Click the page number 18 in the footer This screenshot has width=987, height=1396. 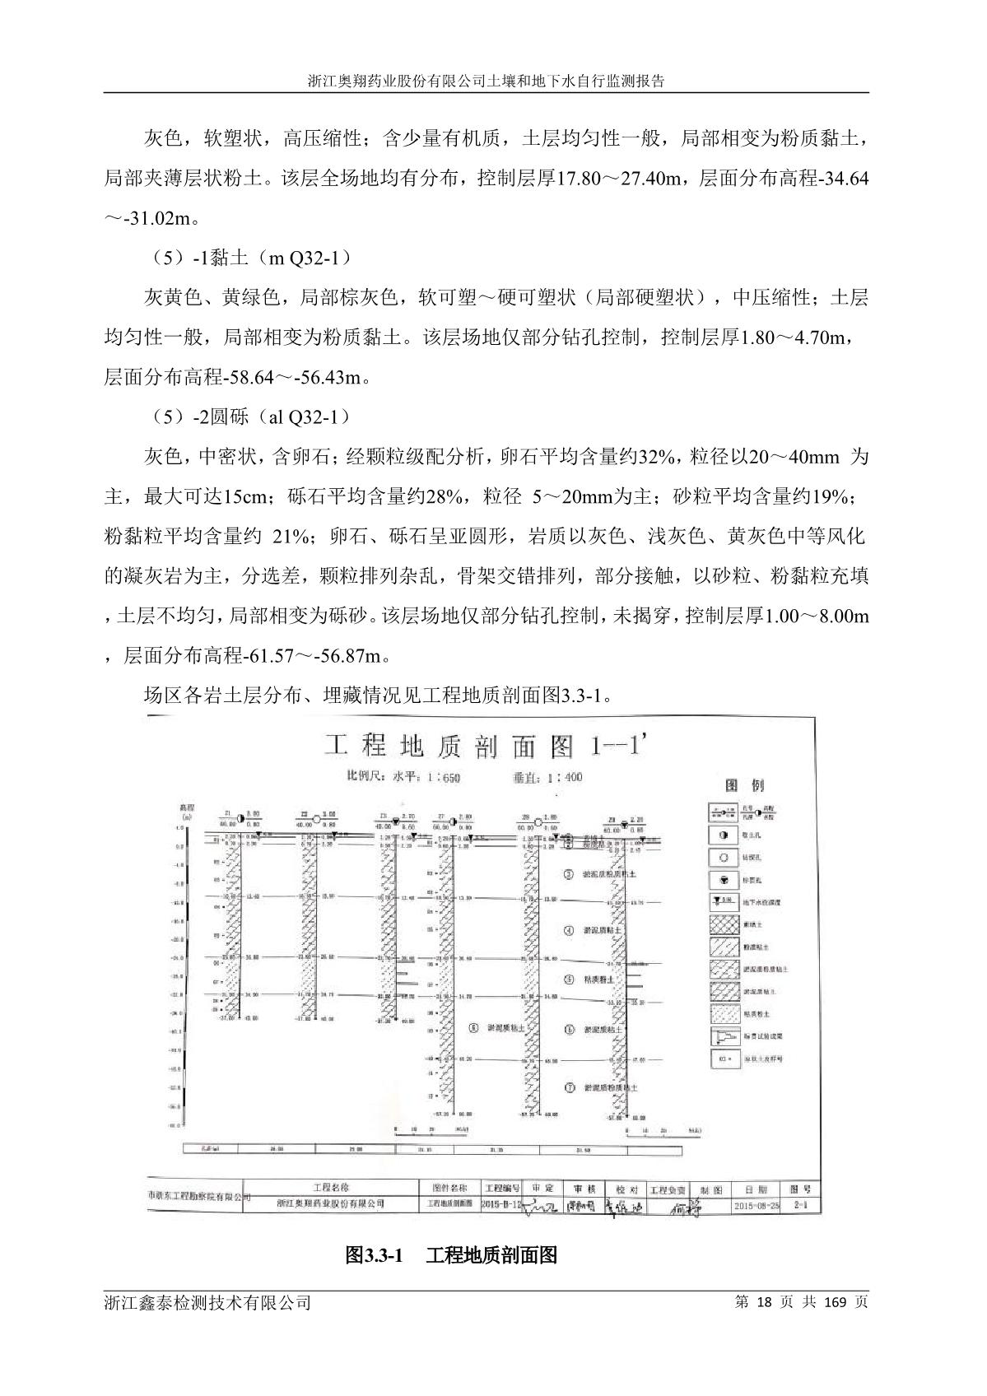[x=764, y=1302]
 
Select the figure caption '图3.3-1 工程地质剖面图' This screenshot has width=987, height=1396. [x=452, y=1254]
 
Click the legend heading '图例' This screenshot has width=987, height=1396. [x=744, y=784]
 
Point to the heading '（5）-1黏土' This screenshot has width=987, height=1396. [x=248, y=258]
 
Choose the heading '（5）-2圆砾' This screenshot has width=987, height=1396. [x=248, y=416]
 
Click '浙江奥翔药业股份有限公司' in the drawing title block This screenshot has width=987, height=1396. [x=332, y=1203]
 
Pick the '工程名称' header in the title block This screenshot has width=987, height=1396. [x=332, y=1188]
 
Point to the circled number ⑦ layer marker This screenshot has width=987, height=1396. [x=569, y=1087]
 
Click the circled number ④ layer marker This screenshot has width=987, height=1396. [x=569, y=931]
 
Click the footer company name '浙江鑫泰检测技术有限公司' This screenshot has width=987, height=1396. [x=208, y=1302]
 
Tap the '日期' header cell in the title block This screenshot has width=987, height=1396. [x=755, y=1189]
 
